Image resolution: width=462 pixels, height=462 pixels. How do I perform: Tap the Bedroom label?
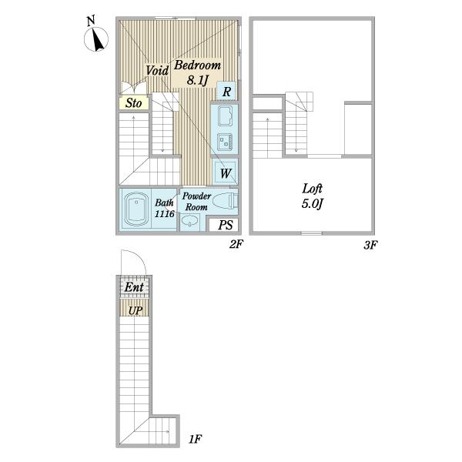(197, 65)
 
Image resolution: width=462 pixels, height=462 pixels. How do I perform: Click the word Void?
(157, 70)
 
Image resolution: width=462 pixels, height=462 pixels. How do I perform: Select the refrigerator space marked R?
(226, 91)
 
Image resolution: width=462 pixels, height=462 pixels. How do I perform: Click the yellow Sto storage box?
(133, 103)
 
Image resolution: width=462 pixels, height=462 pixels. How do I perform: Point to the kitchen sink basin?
(225, 115)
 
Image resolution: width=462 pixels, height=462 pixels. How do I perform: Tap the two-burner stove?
(225, 142)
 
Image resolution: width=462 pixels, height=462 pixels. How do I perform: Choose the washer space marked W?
(225, 172)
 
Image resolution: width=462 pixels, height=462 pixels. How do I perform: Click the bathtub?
(136, 209)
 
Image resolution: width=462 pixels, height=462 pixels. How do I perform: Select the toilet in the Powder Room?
(225, 201)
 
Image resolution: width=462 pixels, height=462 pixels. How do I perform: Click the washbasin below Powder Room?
(189, 221)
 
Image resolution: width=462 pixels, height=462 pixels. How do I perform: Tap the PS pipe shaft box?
(226, 225)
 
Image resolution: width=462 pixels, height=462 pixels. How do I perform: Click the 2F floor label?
(236, 244)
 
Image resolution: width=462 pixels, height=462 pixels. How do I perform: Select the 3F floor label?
(370, 245)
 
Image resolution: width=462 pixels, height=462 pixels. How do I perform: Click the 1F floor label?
(195, 440)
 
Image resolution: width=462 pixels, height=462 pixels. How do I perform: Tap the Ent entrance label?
(134, 287)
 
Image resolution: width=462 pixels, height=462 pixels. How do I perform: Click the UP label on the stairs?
(136, 310)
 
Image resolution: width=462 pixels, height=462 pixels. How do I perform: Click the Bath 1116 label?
(165, 208)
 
